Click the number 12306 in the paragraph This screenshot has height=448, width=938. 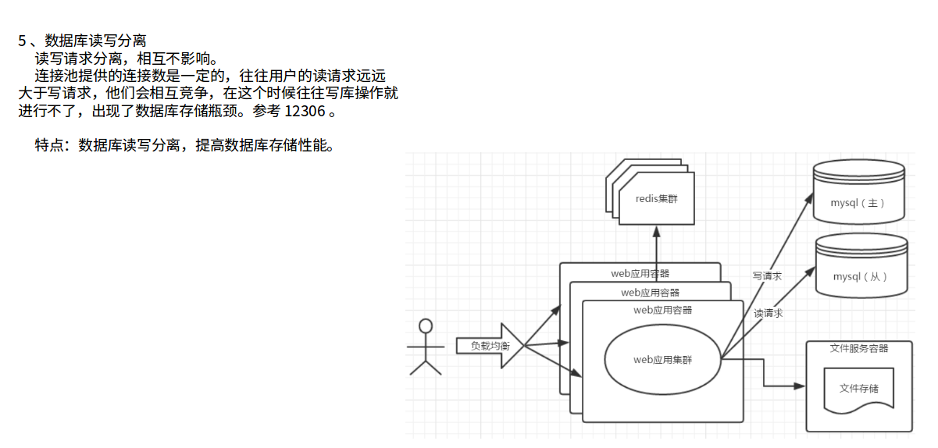(x=305, y=111)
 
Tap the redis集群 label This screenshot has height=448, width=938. (x=656, y=199)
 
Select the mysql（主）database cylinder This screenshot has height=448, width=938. (x=858, y=191)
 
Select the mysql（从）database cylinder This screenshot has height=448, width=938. (x=861, y=265)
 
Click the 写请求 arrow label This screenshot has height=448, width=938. (x=767, y=276)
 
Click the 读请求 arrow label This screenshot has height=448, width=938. (x=768, y=313)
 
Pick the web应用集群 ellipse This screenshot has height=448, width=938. (x=662, y=360)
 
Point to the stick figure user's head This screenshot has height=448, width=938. (x=426, y=325)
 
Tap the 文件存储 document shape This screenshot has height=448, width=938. (x=858, y=388)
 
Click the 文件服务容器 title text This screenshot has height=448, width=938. (x=858, y=348)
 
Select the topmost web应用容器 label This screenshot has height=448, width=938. (x=640, y=273)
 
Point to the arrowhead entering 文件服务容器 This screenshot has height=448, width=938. (x=800, y=386)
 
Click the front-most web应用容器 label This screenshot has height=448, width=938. (x=662, y=310)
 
